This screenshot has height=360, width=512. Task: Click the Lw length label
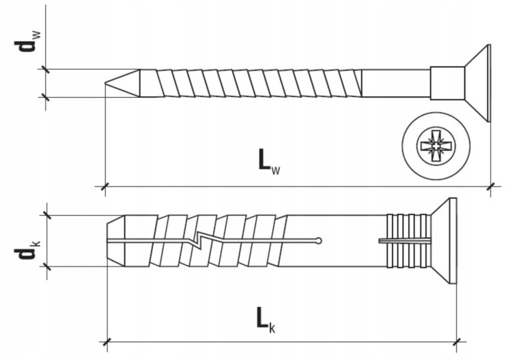[x=269, y=161]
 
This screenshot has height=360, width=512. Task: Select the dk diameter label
[x=27, y=250]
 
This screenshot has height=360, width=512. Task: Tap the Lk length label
[x=266, y=320]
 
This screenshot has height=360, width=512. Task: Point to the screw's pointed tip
[x=105, y=83]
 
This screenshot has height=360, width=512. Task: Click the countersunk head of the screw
[x=477, y=83]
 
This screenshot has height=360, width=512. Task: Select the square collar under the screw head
[x=447, y=83]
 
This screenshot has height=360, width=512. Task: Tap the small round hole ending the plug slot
[x=319, y=241]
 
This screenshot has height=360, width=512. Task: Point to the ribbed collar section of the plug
[x=408, y=240]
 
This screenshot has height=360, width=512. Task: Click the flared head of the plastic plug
[x=444, y=240]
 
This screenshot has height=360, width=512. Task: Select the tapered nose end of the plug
[x=116, y=240]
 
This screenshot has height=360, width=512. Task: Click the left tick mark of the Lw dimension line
[x=104, y=187]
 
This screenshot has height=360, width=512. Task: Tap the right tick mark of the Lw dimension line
[x=490, y=187]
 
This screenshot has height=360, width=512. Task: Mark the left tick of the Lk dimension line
[x=106, y=342]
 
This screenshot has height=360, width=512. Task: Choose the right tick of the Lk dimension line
[x=456, y=342]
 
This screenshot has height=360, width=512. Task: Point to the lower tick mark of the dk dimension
[x=47, y=266]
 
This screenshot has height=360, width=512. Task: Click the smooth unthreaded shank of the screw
[x=396, y=83]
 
